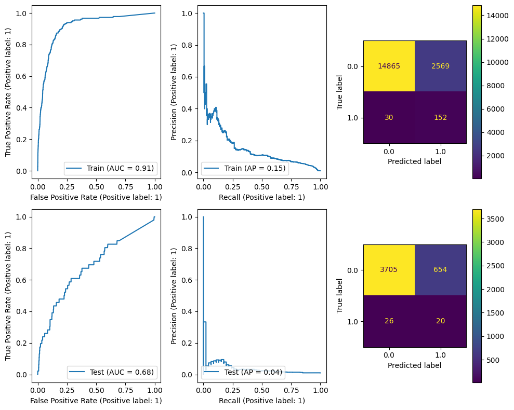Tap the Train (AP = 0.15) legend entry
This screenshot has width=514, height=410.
(x=244, y=168)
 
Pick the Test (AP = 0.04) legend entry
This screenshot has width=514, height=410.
(x=243, y=372)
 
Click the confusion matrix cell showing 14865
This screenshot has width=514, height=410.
(x=389, y=66)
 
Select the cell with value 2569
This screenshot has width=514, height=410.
(x=440, y=66)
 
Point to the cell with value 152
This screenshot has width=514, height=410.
(x=440, y=117)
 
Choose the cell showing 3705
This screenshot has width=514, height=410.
(x=389, y=270)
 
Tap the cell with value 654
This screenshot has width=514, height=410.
(x=440, y=270)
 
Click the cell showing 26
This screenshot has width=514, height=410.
(x=389, y=321)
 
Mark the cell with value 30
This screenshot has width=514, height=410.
(x=389, y=117)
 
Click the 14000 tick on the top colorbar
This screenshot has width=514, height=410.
(x=494, y=16)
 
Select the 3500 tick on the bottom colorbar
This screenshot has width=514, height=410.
(x=494, y=220)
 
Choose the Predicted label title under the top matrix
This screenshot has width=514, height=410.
(x=415, y=161)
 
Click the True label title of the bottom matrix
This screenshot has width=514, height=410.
(x=340, y=296)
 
